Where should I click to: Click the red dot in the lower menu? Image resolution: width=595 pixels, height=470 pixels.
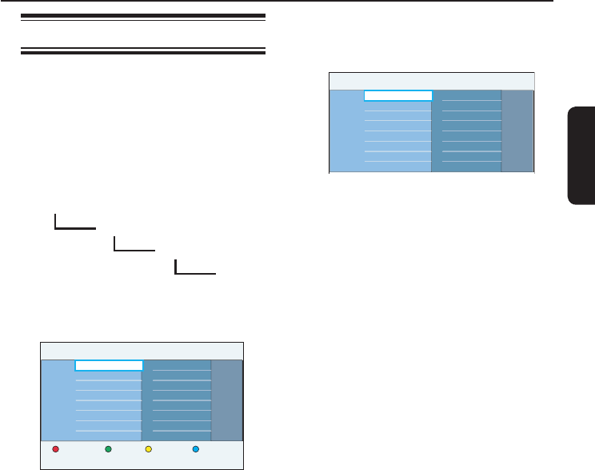[x=56, y=449]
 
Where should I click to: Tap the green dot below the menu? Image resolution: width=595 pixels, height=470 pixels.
[x=109, y=449]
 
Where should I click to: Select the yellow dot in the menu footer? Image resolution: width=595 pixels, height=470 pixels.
[x=148, y=449]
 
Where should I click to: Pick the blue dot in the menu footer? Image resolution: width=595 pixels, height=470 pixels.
[x=196, y=449]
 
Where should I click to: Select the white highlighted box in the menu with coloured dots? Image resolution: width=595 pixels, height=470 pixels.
[x=109, y=365]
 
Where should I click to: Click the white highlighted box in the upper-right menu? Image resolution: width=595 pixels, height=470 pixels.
[x=398, y=95]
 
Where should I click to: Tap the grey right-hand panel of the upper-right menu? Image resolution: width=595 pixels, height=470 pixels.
[x=517, y=131]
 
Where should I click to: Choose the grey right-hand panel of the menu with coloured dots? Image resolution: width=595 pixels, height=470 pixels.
[x=227, y=400]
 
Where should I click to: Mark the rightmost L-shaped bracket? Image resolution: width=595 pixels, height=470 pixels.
[x=194, y=270]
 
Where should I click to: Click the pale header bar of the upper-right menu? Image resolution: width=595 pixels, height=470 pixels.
[x=432, y=81]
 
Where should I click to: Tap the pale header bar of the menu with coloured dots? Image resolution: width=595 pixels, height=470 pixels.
[x=142, y=351]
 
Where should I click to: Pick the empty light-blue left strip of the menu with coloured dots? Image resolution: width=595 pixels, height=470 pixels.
[x=57, y=400]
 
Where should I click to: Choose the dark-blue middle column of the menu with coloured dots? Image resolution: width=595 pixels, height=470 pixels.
[x=177, y=400]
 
